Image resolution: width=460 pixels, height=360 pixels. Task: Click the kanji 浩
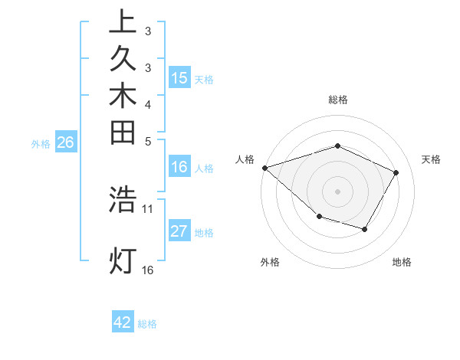coord(123,199)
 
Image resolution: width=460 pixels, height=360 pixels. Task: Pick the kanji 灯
coord(123,260)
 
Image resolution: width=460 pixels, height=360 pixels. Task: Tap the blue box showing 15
coord(179,77)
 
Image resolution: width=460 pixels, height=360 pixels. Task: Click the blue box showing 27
coord(179,232)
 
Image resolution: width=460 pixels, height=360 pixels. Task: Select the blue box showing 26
coord(66,142)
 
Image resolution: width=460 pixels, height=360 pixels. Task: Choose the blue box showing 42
coord(123,322)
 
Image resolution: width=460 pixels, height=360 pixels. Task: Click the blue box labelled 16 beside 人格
coord(179,168)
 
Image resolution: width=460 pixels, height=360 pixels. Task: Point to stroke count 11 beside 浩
coord(148,208)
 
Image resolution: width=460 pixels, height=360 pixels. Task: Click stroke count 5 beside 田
coord(148,141)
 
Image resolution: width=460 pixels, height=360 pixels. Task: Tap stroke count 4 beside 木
coord(148,103)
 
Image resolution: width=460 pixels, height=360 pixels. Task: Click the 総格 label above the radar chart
coord(338,100)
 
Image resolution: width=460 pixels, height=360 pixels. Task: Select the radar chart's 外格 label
coord(270,262)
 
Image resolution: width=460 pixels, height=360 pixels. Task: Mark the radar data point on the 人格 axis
coord(264,167)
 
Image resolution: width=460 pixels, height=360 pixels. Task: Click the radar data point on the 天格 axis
coord(396,172)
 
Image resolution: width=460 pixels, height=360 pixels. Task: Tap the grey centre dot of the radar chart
coord(337,191)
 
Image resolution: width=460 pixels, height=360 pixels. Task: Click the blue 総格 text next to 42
coord(147,323)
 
